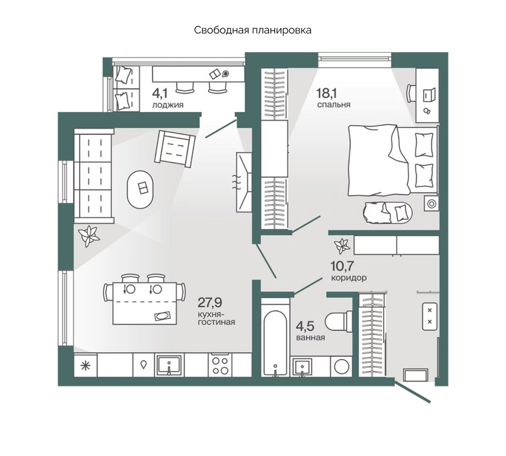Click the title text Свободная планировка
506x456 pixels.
pos(252,31)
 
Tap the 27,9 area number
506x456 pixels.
pos(210,303)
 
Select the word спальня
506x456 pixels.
pos(334,104)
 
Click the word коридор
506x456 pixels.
pos(349,278)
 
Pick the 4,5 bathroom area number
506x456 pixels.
pos(305,326)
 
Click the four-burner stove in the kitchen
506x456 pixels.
pos(220,366)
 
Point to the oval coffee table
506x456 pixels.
pos(140,189)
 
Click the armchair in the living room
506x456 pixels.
pos(175,148)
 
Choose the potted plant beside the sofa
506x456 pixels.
pos(88,235)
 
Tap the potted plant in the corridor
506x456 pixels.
pos(342,246)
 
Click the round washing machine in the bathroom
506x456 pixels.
pos(342,367)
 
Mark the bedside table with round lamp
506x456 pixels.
pos(431,204)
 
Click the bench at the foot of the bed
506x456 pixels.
pos(387,213)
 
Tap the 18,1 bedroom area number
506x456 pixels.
pos(327,93)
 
